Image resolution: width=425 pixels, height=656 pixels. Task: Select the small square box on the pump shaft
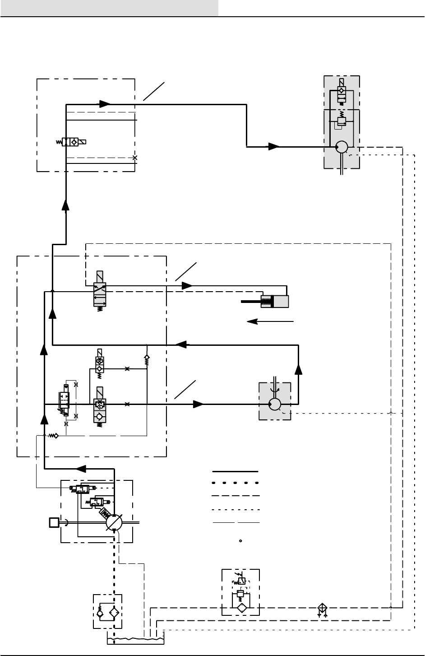point(54,523)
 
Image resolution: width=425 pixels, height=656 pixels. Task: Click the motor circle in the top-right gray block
point(342,147)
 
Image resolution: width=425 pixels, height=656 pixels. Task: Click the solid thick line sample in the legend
point(236,471)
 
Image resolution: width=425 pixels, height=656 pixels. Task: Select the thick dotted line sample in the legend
point(236,482)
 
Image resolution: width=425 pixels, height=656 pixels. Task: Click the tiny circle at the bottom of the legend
point(241,540)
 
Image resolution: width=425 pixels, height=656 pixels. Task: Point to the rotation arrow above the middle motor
point(275,386)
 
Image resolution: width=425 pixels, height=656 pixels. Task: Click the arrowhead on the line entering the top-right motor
point(274,147)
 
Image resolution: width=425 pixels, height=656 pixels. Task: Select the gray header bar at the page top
point(109,8)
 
